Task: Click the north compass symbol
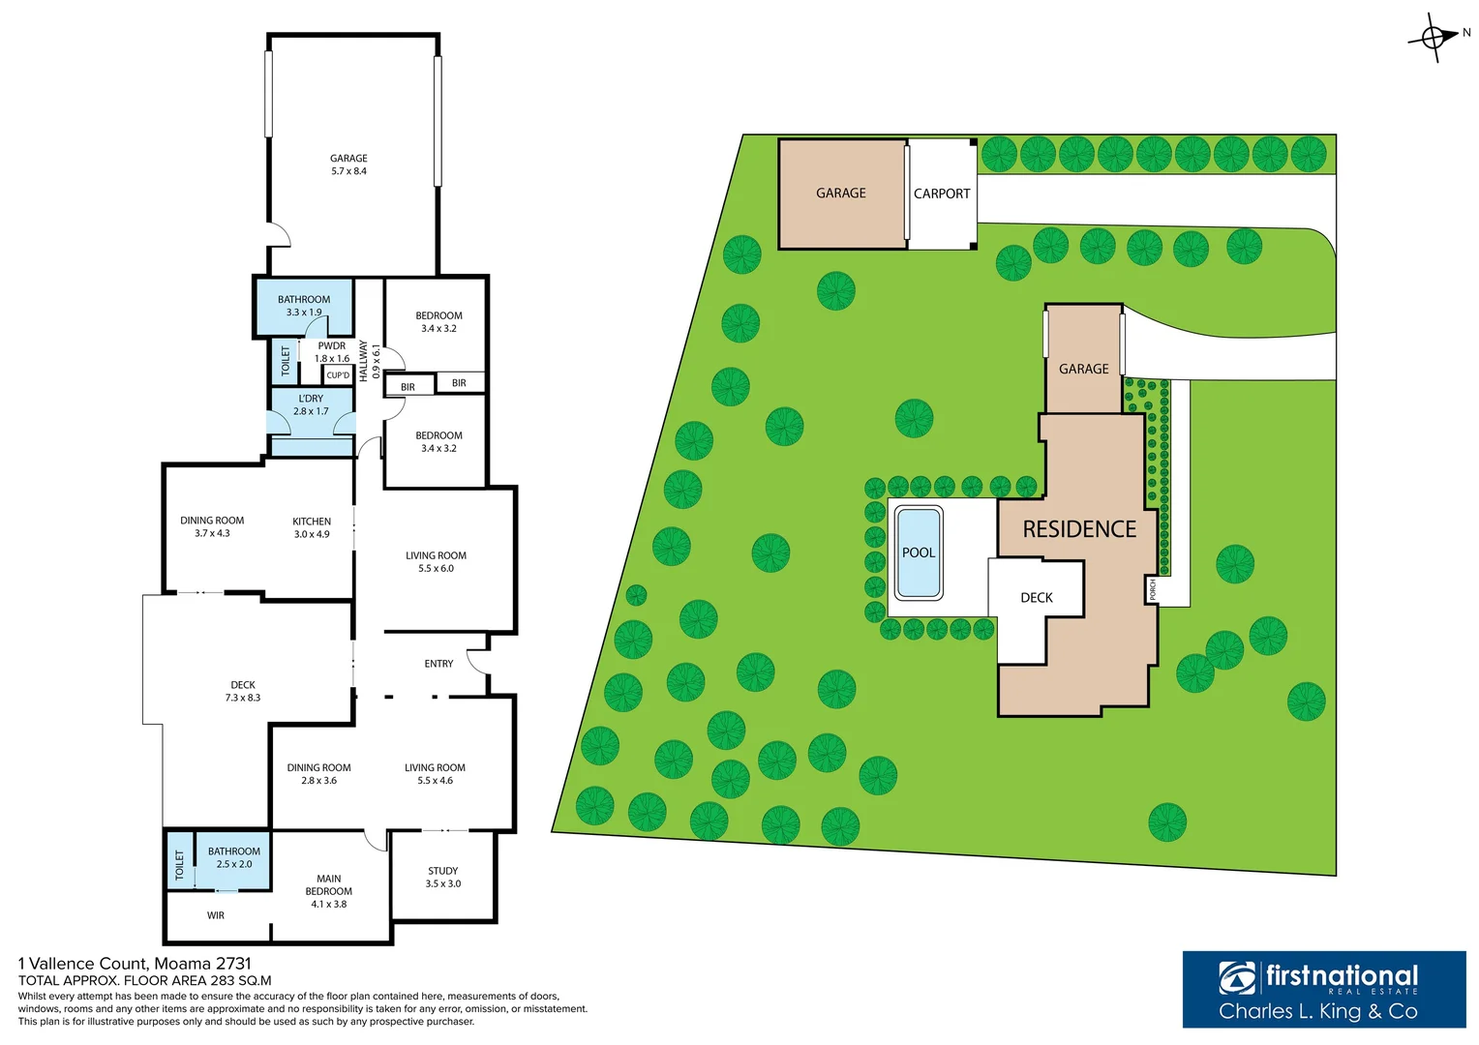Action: tap(1433, 38)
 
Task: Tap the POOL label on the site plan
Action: tap(919, 552)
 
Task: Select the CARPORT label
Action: tap(942, 194)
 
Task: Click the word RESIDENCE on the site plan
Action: tap(1079, 529)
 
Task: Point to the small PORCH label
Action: tap(1152, 589)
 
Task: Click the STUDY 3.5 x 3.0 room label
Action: tap(443, 877)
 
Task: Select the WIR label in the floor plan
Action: tap(216, 915)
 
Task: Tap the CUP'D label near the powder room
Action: tap(338, 375)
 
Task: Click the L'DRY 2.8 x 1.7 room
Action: tap(311, 404)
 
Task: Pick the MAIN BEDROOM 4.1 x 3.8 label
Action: tap(329, 891)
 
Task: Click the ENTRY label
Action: tap(438, 664)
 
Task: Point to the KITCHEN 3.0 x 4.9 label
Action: tap(312, 527)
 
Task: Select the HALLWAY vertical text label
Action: tap(364, 360)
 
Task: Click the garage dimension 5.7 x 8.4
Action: tap(348, 171)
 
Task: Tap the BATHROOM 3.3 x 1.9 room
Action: tap(304, 306)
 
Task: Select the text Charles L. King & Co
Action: tap(1317, 1012)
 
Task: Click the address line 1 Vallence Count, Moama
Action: tap(135, 964)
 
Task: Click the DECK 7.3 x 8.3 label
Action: tap(243, 691)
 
